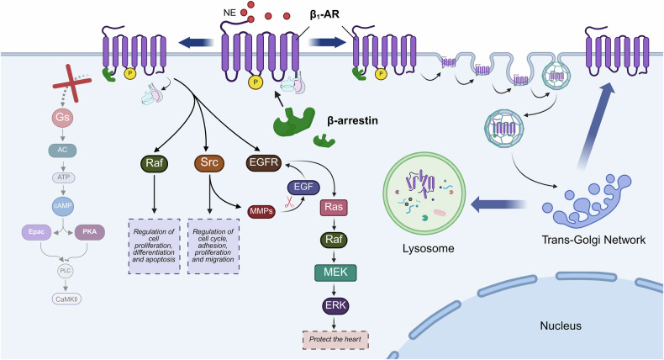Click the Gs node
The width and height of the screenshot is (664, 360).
click(62, 117)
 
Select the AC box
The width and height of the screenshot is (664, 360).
click(62, 150)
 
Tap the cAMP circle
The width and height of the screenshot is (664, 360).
click(63, 205)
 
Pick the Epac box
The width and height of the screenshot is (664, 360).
click(36, 232)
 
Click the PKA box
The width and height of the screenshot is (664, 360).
click(89, 232)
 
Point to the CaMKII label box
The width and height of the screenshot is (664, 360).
click(66, 299)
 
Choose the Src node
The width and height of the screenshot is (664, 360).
click(209, 163)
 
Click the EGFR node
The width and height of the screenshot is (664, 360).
click(264, 163)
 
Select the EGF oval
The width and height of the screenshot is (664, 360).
click(303, 187)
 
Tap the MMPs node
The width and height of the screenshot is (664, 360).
click(261, 211)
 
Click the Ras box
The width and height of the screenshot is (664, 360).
click(334, 208)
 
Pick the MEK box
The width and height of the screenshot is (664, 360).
click(335, 273)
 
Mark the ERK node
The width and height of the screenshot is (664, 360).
click(335, 305)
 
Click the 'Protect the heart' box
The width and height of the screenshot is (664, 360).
click(335, 340)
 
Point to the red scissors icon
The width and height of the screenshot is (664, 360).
click(290, 202)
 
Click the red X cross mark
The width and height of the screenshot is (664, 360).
click(71, 83)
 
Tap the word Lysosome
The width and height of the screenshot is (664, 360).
click(428, 248)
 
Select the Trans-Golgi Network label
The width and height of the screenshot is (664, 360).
click(593, 240)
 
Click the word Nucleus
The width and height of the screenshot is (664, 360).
click(561, 326)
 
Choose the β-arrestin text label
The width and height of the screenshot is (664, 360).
click(352, 121)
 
